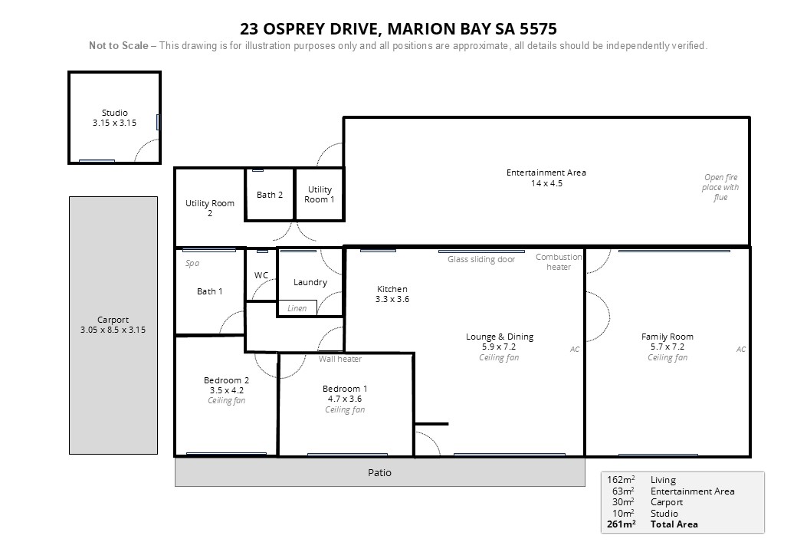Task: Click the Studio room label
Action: tap(114, 113)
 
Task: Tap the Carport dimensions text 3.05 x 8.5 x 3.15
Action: tap(113, 330)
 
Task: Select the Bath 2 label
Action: tap(270, 195)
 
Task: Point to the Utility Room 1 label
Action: tap(320, 195)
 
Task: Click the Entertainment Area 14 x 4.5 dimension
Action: tap(547, 183)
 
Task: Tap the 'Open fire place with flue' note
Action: tap(720, 187)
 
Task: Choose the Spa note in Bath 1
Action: tap(192, 263)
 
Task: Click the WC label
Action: tap(261, 275)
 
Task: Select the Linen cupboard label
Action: tap(297, 308)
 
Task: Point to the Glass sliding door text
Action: tap(480, 260)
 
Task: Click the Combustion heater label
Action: tap(559, 261)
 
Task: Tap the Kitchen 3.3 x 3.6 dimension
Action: tap(392, 299)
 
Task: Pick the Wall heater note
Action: tap(340, 359)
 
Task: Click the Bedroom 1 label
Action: tap(345, 389)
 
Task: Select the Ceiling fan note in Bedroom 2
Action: tap(226, 400)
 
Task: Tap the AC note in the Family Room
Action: tap(741, 349)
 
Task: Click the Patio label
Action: tap(379, 473)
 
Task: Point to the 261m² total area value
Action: tap(622, 524)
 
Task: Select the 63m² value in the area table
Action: tap(622, 491)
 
